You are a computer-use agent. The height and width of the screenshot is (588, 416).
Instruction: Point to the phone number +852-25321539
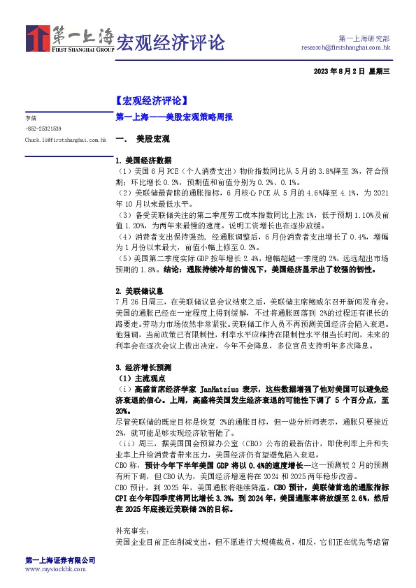coord(43,128)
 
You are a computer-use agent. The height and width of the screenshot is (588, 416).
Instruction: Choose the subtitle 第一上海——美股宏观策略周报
coord(173,118)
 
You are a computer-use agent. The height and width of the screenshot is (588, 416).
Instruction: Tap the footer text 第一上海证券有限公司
coord(59,560)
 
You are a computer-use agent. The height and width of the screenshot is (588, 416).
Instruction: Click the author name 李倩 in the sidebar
coord(30,118)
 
